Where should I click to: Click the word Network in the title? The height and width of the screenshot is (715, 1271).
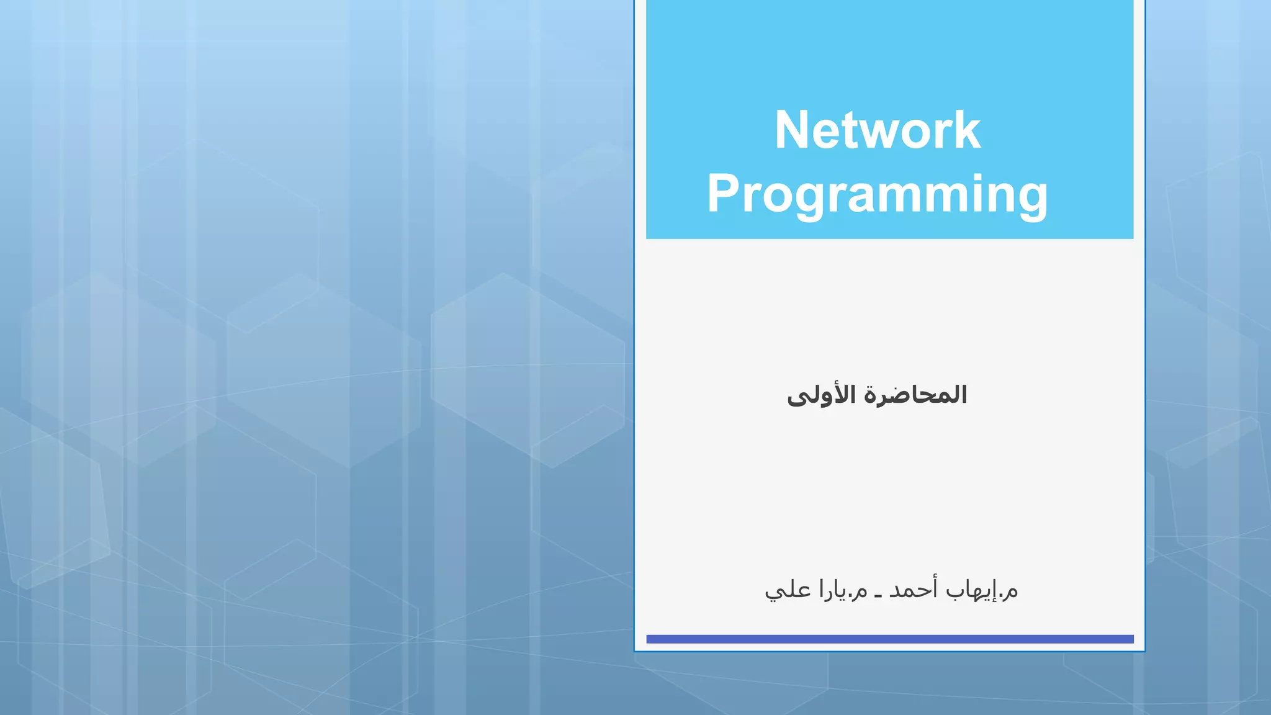click(877, 130)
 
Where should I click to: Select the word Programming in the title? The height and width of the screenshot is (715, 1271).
click(877, 194)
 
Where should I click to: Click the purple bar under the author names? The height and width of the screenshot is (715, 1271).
click(889, 639)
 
